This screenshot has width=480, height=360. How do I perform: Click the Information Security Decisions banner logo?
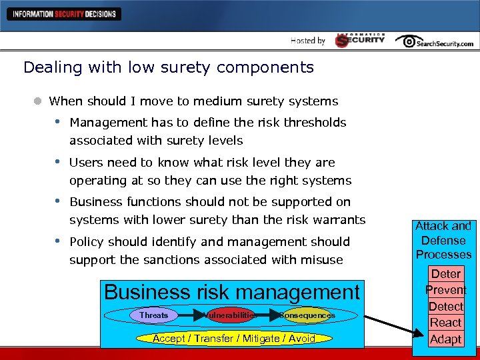tap(64, 13)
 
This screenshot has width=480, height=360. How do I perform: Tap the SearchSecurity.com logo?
tap(434, 41)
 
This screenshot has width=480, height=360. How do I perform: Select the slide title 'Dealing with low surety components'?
tap(168, 67)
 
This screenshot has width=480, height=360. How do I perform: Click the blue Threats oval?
tap(154, 315)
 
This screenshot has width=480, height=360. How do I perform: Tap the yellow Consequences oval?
tap(307, 315)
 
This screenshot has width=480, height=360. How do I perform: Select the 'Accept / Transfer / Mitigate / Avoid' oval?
tap(233, 338)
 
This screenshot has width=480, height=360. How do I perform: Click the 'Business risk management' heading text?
tap(231, 292)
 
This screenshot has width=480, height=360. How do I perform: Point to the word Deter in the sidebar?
tap(446, 273)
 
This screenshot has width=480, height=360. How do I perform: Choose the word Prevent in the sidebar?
tap(446, 290)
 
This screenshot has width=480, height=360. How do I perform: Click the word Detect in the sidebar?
tap(446, 307)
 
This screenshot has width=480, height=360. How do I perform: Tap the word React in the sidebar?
tap(446, 323)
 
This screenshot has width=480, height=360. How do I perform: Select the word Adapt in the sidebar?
tap(446, 339)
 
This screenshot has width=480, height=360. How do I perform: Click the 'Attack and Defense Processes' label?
tap(443, 240)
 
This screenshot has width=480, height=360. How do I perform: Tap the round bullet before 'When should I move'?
tap(39, 101)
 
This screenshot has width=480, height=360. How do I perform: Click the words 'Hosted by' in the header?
tap(308, 41)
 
